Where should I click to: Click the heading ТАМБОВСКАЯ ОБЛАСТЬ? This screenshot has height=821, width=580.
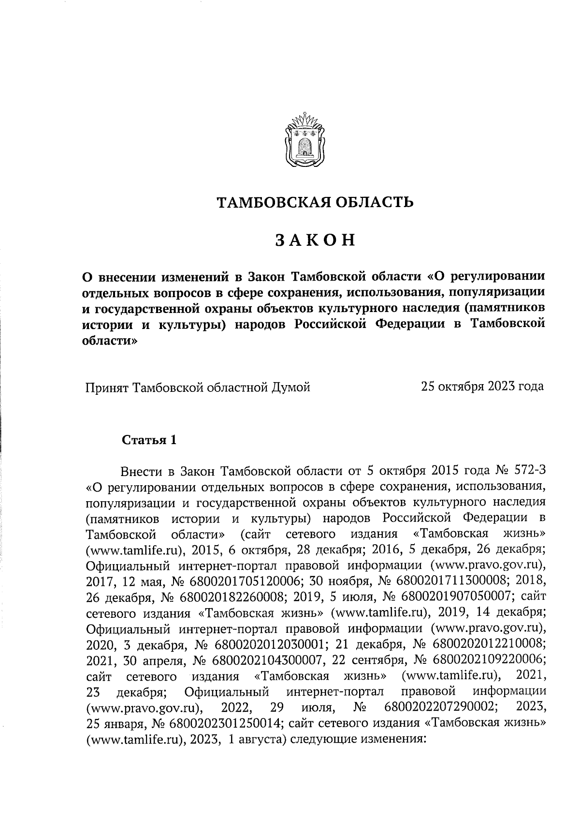point(314,202)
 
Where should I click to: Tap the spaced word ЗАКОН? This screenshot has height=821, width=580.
point(315,240)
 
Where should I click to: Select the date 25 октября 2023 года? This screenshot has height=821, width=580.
point(482,387)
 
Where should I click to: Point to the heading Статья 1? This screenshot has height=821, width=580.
point(149,440)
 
